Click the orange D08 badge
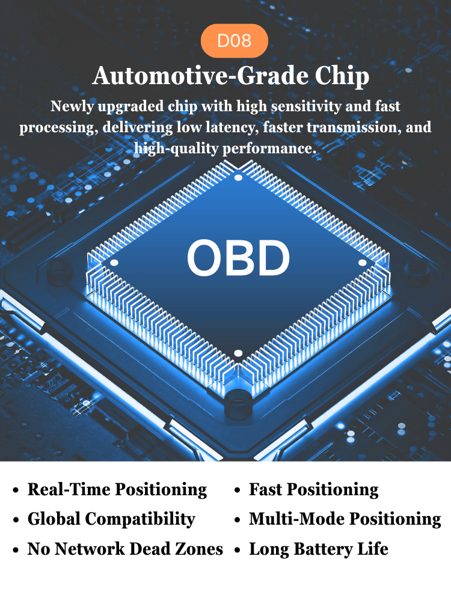pyautogui.click(x=235, y=41)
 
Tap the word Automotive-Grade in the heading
pyautogui.click(x=201, y=76)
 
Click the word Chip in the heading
pyautogui.click(x=342, y=76)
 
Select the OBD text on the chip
pyautogui.click(x=238, y=257)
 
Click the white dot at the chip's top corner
pyautogui.click(x=238, y=177)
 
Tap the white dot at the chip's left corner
pyautogui.click(x=114, y=263)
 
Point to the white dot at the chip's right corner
pyautogui.click(x=363, y=263)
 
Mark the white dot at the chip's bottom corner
pyautogui.click(x=238, y=353)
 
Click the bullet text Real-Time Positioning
pyautogui.click(x=117, y=490)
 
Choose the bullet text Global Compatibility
pyautogui.click(x=111, y=519)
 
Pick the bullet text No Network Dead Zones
pyautogui.click(x=125, y=549)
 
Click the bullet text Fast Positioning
pyautogui.click(x=314, y=490)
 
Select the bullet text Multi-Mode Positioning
pyautogui.click(x=345, y=519)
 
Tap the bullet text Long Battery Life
pyautogui.click(x=319, y=549)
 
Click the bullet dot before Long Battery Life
pyautogui.click(x=238, y=551)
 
